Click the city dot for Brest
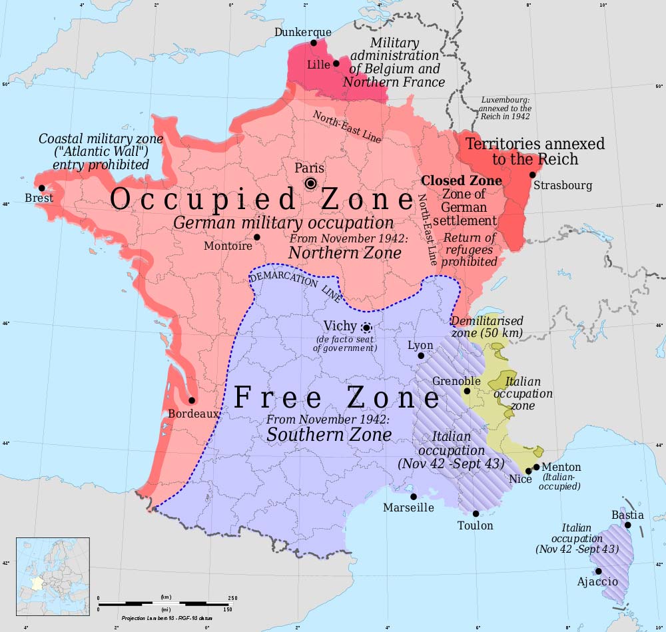42,188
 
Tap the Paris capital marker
311,183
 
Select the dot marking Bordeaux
192,400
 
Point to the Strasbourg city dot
532,175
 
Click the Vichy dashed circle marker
366,327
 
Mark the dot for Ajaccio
599,571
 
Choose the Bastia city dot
627,525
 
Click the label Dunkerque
303,32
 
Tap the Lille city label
318,65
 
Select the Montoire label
228,246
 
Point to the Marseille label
408,507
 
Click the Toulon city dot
476,513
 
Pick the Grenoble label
456,381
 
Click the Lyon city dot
421,356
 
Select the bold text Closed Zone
462,180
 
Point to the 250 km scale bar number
232,598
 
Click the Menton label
561,467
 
